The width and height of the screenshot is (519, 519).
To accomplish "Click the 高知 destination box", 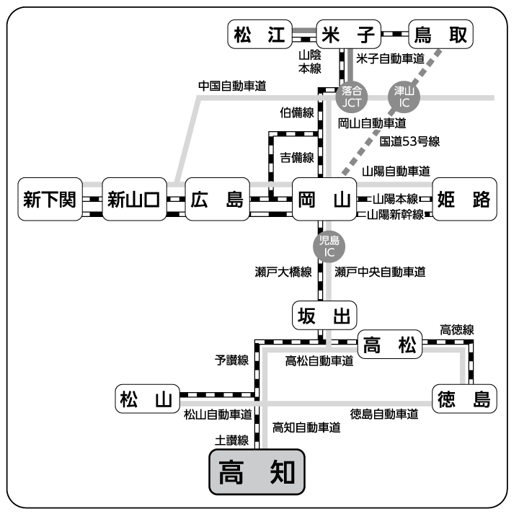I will [x=257, y=472].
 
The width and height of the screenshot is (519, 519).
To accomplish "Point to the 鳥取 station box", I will [x=440, y=34].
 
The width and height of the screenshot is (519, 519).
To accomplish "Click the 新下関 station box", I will [x=50, y=199].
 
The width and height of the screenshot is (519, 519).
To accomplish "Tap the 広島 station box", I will [x=216, y=199].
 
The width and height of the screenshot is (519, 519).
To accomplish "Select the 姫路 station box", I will [x=465, y=199].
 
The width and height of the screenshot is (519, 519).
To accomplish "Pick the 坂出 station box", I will [x=325, y=316].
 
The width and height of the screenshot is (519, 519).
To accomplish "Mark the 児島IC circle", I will [x=329, y=246].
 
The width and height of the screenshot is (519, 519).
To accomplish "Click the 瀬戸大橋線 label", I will [x=283, y=272].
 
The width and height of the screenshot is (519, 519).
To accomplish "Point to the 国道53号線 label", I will [x=410, y=141].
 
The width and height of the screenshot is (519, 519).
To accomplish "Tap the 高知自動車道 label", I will [x=306, y=427].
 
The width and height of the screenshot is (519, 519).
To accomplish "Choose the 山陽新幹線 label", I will [x=395, y=214].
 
